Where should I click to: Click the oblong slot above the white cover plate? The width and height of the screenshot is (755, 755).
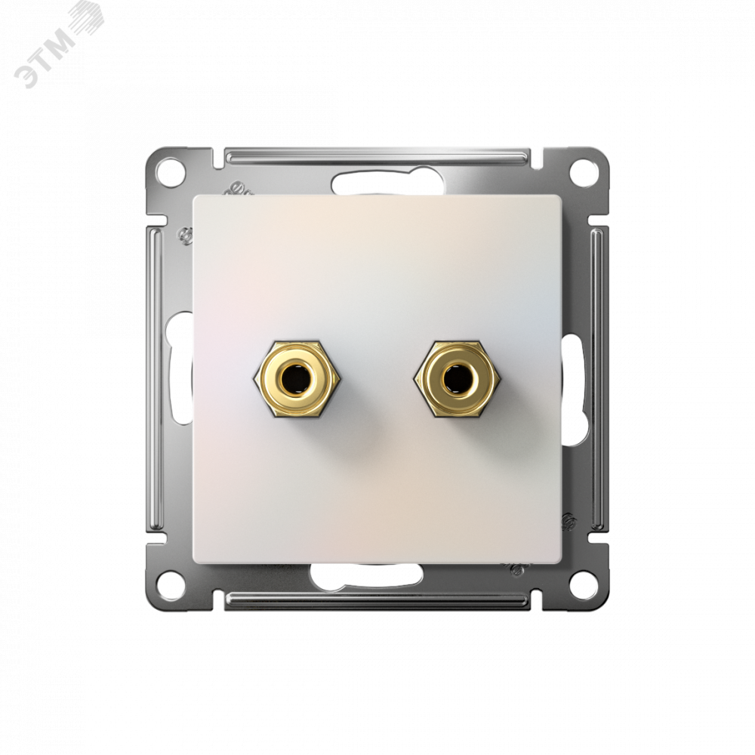(381, 183)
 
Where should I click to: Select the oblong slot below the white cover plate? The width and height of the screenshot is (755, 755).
(366, 574)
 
